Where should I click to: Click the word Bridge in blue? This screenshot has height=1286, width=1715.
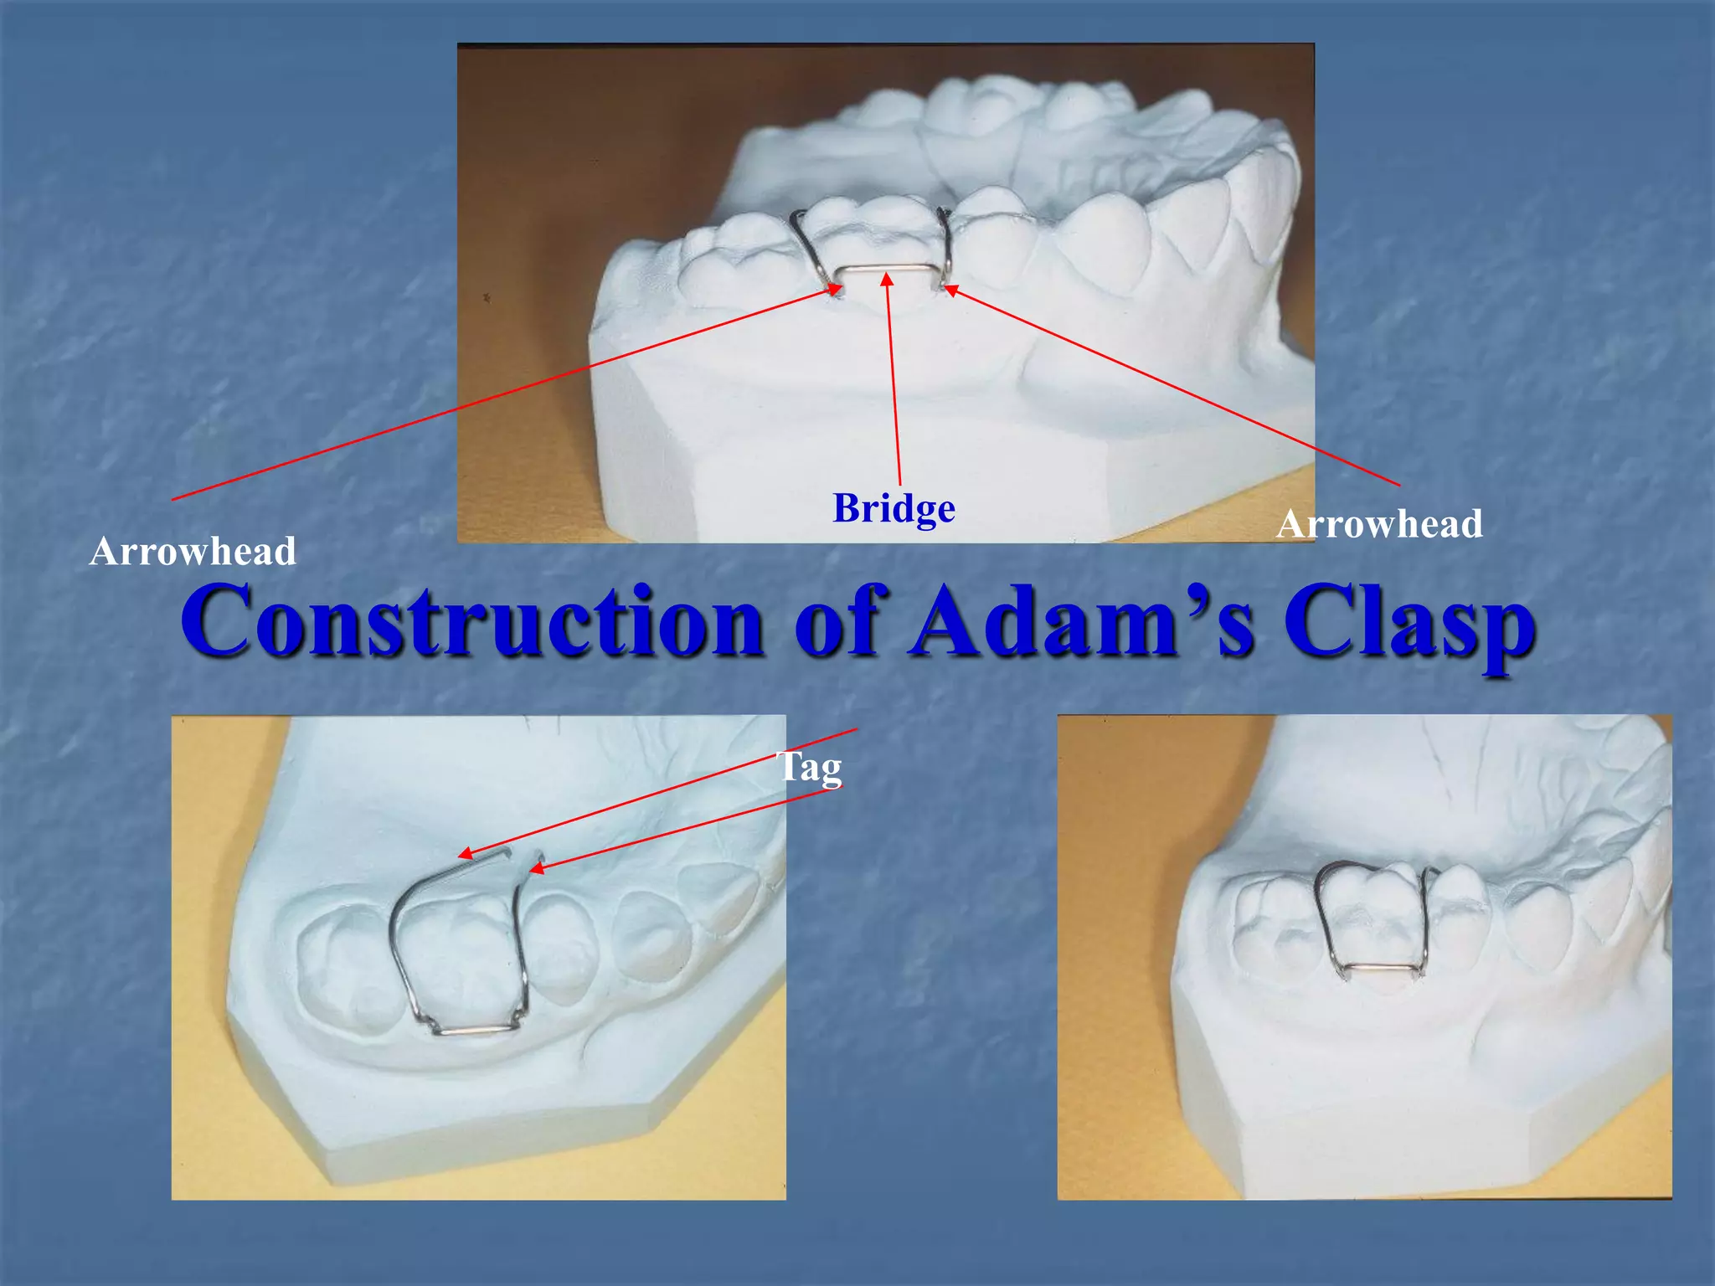click(894, 509)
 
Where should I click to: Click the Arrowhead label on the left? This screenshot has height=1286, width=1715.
click(193, 552)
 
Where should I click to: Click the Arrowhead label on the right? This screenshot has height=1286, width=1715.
click(1379, 525)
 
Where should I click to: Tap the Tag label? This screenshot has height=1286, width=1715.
click(810, 768)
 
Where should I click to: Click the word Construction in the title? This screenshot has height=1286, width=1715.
click(471, 621)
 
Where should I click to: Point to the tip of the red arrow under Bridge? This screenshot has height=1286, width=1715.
click(887, 276)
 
